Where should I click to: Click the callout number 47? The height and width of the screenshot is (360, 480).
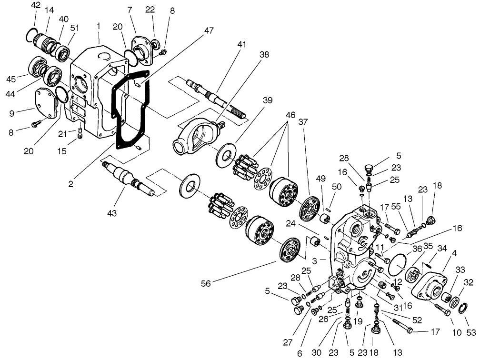tap(209, 30)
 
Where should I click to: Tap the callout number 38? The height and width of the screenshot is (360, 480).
tap(264, 55)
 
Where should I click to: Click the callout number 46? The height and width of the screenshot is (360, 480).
tap(290, 115)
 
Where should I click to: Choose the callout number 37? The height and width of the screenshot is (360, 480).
tap(303, 122)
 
